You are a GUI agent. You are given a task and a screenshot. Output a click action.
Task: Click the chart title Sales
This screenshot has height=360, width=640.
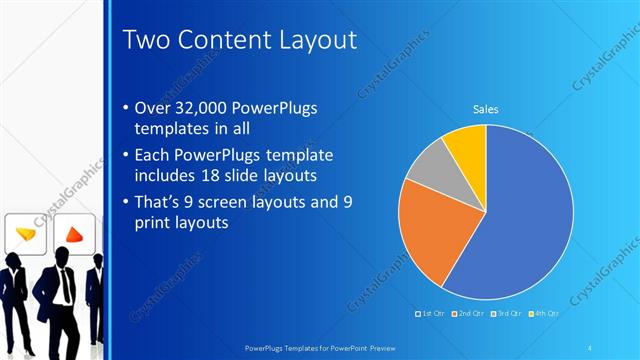tap(485, 109)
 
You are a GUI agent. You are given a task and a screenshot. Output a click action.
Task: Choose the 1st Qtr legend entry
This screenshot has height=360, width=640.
tap(431, 314)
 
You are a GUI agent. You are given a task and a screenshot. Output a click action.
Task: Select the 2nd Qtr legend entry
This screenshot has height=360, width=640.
tap(470, 314)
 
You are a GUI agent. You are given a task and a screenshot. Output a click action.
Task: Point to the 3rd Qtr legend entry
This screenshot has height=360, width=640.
tap(509, 314)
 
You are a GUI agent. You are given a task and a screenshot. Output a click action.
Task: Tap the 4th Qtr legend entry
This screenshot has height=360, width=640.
tap(546, 314)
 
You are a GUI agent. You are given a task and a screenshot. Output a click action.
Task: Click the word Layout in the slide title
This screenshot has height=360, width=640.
tap(310, 41)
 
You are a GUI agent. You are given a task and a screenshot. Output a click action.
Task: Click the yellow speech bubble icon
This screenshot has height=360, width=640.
tap(27, 233)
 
